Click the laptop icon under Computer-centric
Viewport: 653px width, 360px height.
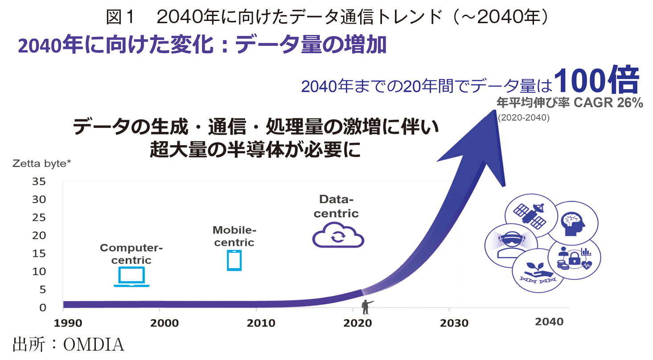click(x=131, y=277)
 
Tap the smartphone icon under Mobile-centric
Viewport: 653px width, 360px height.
click(x=234, y=260)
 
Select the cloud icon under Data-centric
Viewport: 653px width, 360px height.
click(x=338, y=235)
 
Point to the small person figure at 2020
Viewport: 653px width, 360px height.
click(x=366, y=307)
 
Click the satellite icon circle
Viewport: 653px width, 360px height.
click(x=530, y=216)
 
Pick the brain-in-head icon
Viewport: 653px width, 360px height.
click(x=572, y=224)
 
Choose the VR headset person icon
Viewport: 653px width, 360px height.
click(x=511, y=244)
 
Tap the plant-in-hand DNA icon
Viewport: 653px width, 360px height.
click(x=538, y=273)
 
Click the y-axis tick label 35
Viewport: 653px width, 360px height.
click(x=39, y=181)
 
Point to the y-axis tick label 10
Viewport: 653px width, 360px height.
click(x=39, y=271)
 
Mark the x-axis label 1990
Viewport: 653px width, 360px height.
click(x=68, y=323)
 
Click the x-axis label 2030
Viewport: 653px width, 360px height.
click(x=454, y=323)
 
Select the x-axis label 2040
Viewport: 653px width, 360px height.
click(x=549, y=322)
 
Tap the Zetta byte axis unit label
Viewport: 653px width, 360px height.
click(x=42, y=164)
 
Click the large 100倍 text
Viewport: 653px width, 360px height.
click(x=596, y=80)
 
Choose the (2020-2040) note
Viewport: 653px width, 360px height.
click(x=524, y=118)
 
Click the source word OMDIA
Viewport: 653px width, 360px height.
click(x=94, y=345)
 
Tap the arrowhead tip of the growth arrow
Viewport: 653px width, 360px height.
click(x=494, y=110)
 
